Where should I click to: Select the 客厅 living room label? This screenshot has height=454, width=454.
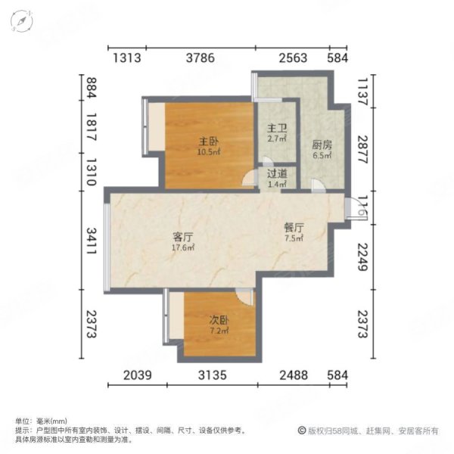click(x=183, y=235)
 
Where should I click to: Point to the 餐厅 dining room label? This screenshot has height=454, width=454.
click(x=294, y=227)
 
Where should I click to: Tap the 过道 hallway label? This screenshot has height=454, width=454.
click(x=277, y=173)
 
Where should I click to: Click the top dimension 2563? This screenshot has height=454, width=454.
click(x=292, y=58)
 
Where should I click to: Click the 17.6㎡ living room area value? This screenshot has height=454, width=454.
click(x=183, y=246)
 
